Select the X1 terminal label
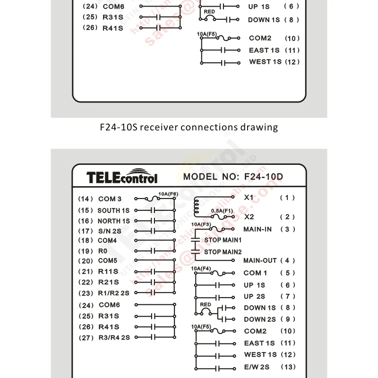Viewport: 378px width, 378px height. coord(249,197)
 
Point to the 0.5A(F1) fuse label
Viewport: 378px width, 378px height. coord(222,210)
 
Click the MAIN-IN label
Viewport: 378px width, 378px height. coord(258,229)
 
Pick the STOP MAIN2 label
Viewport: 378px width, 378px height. coord(223,252)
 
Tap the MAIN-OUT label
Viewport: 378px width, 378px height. coord(260,260)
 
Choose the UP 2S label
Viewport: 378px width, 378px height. coord(255,296)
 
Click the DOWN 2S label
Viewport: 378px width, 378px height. coord(260,319)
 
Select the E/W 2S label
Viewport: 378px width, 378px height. coord(257,367)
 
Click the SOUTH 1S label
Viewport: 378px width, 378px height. coord(113,210)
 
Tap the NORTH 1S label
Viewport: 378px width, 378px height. coord(113,221)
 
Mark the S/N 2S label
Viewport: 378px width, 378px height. coord(110,231)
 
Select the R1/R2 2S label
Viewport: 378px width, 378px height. coord(113,292)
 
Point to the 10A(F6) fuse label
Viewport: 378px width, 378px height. coord(168,194)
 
